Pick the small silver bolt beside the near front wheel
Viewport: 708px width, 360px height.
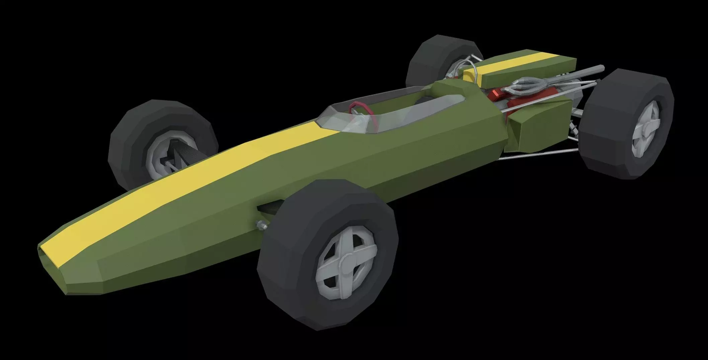[260, 225]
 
